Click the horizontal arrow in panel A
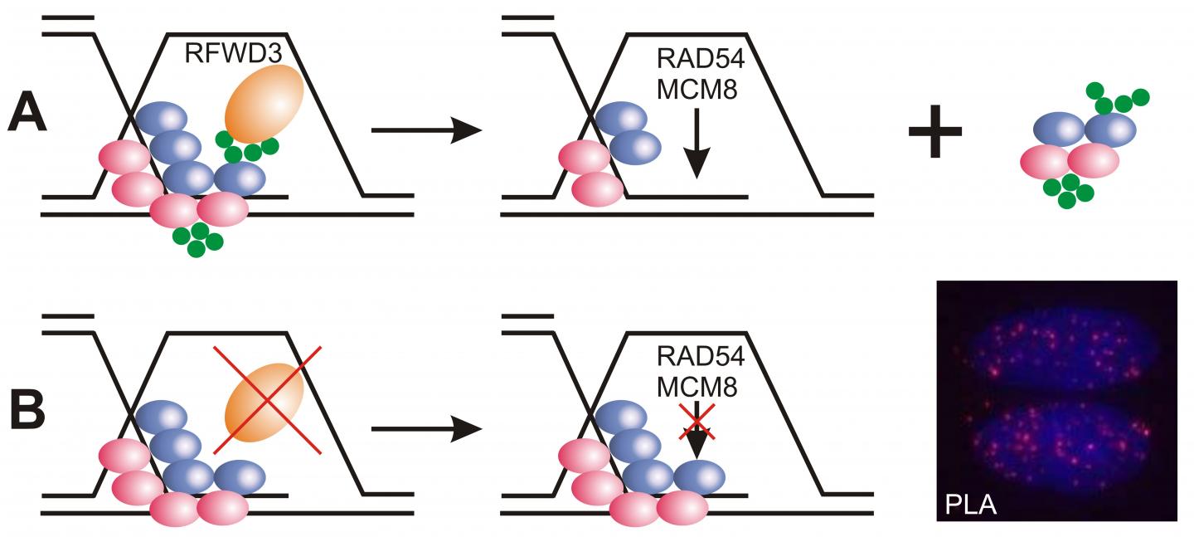tap(426, 131)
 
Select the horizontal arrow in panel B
tap(426, 430)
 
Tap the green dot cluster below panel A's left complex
tap(197, 239)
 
